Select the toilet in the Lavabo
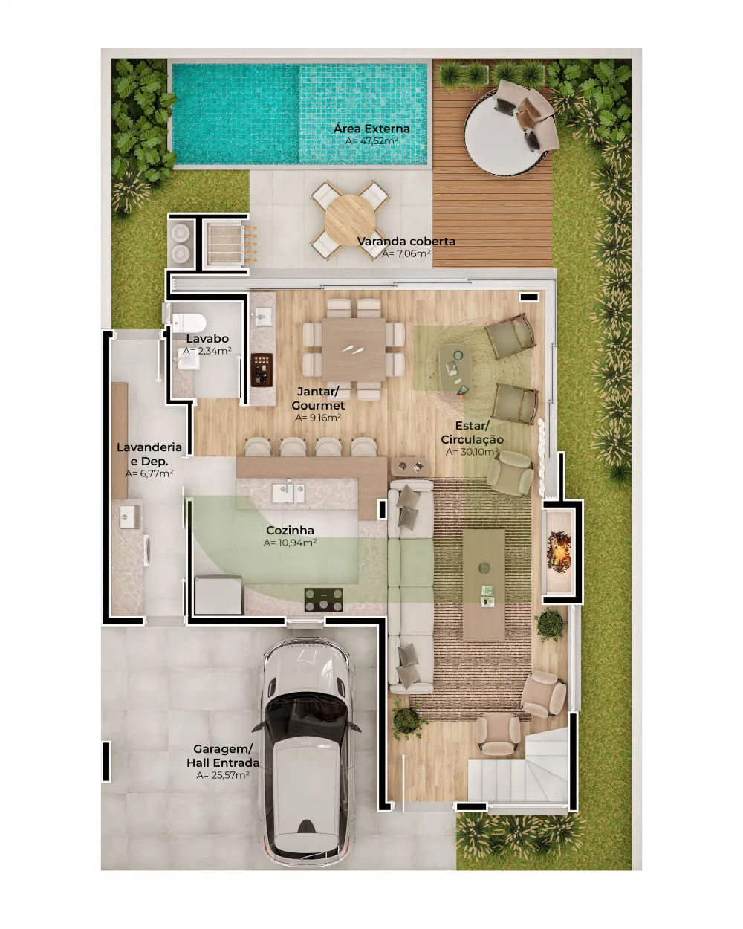point(190,323)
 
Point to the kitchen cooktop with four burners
point(324,599)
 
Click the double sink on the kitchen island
point(289,492)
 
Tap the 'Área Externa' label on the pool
point(371,129)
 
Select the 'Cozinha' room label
point(290,531)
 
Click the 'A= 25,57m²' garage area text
point(223,775)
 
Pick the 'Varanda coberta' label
point(406,242)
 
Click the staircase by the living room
point(520,769)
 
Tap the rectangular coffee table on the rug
point(484,584)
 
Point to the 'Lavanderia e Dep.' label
point(149,454)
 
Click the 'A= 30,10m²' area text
point(472,452)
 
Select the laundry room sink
point(129,516)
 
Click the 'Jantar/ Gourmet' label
point(318,398)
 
